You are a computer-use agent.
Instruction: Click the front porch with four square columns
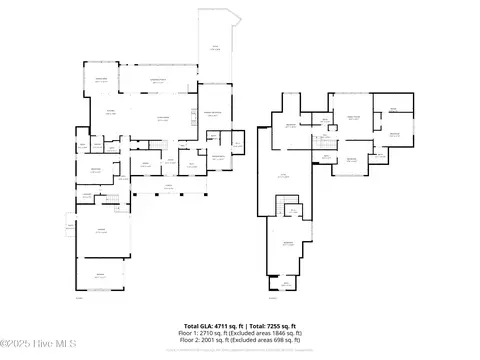168,187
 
